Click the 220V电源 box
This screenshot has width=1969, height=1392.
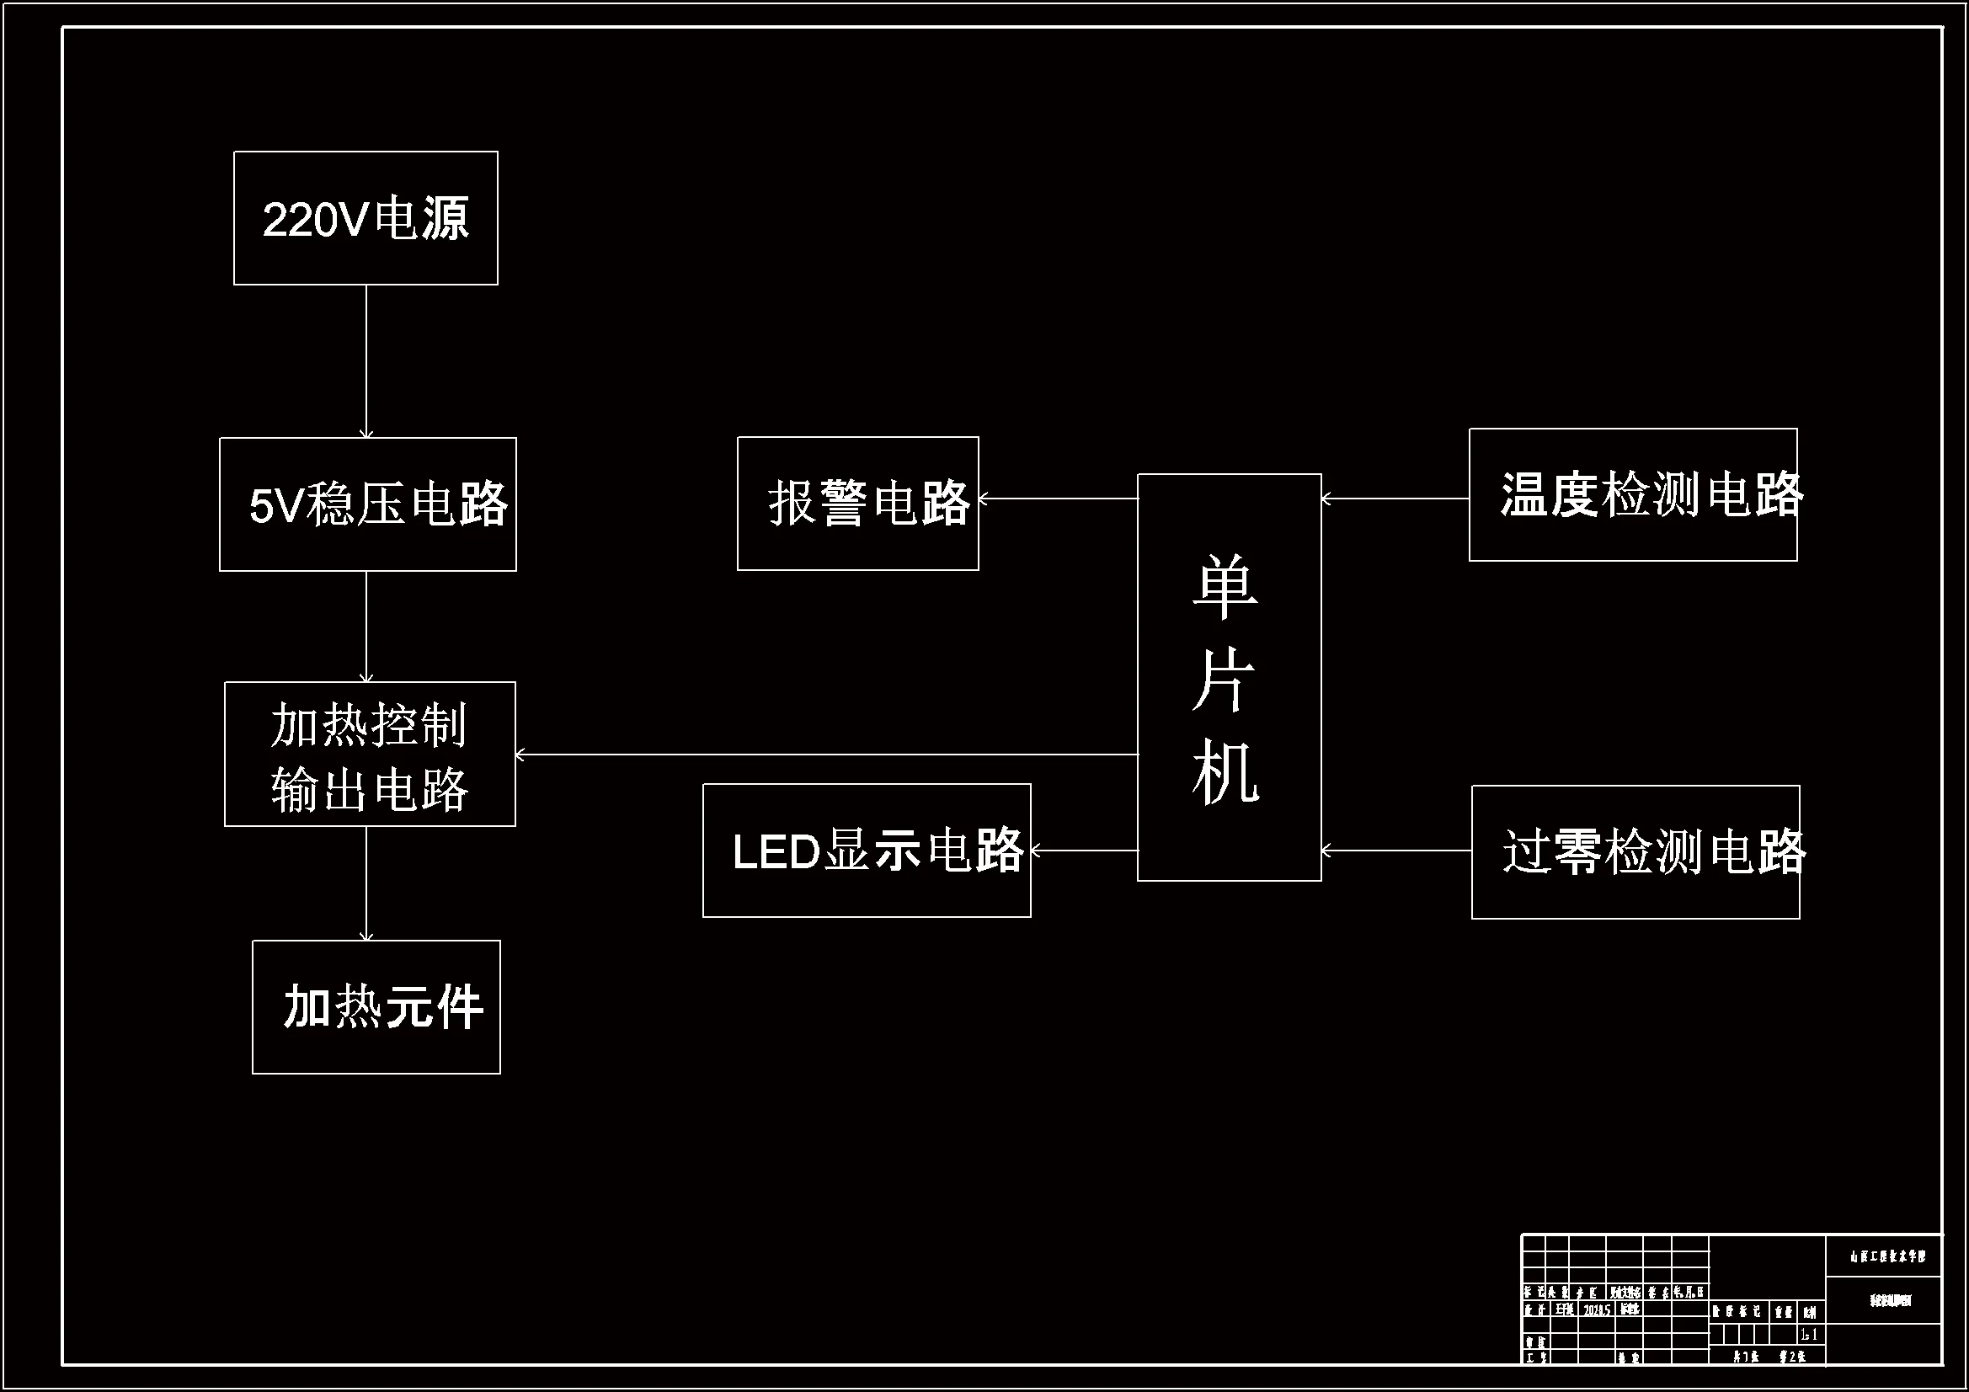click(x=366, y=218)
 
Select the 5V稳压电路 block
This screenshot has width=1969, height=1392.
click(x=367, y=504)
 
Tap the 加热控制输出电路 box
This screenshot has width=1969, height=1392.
click(x=370, y=754)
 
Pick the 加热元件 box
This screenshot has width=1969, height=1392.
click(x=376, y=1006)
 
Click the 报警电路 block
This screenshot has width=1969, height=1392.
click(x=856, y=504)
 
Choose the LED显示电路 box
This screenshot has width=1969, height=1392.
click(x=866, y=850)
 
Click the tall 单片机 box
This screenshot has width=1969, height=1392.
click(x=1229, y=678)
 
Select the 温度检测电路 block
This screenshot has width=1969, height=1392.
click(x=1633, y=495)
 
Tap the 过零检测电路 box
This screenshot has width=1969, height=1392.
click(x=1635, y=851)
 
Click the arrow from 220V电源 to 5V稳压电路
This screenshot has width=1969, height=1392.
click(x=366, y=361)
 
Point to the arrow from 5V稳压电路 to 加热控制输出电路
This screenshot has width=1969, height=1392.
click(x=366, y=626)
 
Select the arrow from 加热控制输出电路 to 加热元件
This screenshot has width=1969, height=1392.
click(x=366, y=883)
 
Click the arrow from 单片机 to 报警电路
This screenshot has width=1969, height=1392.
click(x=1058, y=498)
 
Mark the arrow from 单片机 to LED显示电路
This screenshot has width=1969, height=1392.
click(x=1084, y=851)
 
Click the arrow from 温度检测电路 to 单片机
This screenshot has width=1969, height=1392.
click(x=1395, y=498)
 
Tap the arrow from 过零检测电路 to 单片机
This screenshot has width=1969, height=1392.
click(x=1396, y=851)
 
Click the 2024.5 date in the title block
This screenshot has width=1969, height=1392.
click(x=1597, y=1309)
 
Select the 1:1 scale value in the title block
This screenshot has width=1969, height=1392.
click(x=1809, y=1335)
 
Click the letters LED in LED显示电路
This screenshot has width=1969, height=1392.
click(x=776, y=852)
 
